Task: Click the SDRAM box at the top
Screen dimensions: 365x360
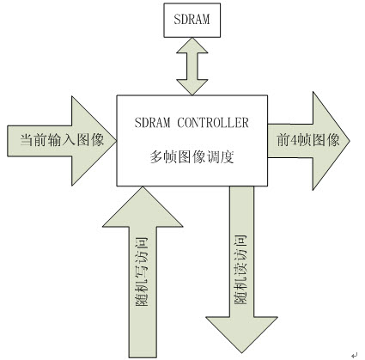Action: (192, 20)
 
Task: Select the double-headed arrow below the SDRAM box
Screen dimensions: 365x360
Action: (192, 66)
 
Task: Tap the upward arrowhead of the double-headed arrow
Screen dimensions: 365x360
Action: (192, 46)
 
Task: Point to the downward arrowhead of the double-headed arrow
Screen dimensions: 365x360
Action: (192, 87)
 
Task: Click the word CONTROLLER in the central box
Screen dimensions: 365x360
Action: (213, 123)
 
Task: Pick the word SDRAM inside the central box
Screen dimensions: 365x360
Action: (152, 123)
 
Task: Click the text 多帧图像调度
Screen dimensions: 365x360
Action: (192, 157)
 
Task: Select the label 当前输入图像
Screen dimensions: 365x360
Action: (62, 140)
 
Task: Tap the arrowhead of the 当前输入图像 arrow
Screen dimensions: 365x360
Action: (94, 141)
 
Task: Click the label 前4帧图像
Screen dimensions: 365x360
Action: (308, 140)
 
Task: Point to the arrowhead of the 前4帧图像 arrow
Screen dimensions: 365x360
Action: (331, 141)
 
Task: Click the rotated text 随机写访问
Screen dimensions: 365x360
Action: (142, 272)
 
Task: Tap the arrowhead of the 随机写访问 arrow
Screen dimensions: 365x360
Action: (143, 207)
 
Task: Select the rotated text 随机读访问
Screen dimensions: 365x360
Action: (240, 270)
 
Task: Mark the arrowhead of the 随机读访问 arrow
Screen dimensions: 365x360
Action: (241, 334)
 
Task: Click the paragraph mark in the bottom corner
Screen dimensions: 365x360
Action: (355, 355)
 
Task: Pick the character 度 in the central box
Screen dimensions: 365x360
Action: (228, 157)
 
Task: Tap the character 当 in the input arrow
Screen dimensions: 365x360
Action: (27, 140)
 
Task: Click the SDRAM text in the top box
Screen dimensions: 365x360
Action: (192, 19)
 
